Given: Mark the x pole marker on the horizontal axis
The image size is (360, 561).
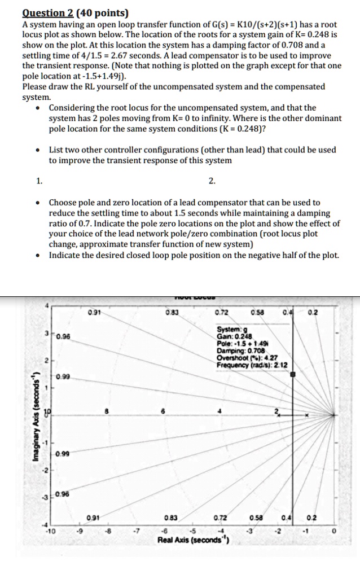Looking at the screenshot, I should point(306,415).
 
